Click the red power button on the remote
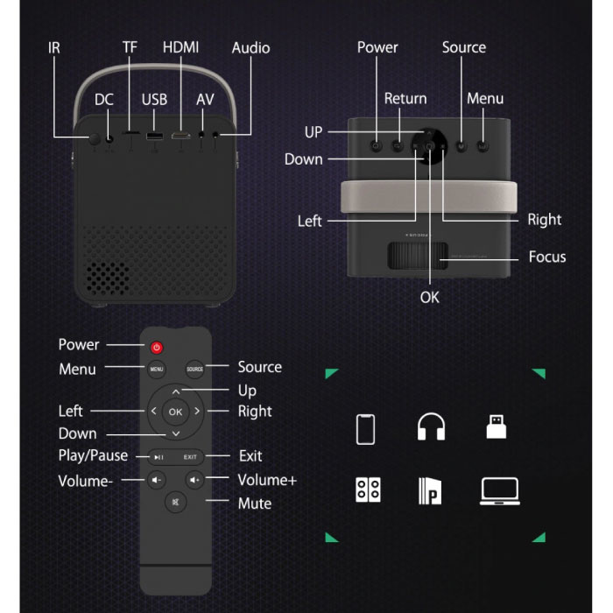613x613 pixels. click(x=157, y=347)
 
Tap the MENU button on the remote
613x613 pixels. click(x=157, y=369)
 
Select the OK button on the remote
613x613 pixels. click(x=175, y=412)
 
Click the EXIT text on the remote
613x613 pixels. click(x=190, y=456)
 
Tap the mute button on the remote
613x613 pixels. click(x=175, y=502)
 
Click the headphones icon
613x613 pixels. click(x=431, y=427)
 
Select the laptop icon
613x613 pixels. click(x=500, y=491)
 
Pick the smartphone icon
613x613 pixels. click(x=365, y=429)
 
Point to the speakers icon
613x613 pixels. click(x=368, y=490)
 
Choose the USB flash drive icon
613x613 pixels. click(x=497, y=427)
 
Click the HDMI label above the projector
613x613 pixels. click(x=180, y=47)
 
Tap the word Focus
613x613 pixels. click(x=547, y=257)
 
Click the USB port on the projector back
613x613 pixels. click(x=154, y=136)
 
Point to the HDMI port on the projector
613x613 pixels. click(x=180, y=136)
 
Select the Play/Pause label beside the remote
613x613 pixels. click(x=93, y=456)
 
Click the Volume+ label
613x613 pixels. click(x=267, y=480)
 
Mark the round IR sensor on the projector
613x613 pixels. click(x=95, y=138)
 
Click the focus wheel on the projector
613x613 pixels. click(x=418, y=256)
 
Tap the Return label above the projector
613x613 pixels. click(x=405, y=98)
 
